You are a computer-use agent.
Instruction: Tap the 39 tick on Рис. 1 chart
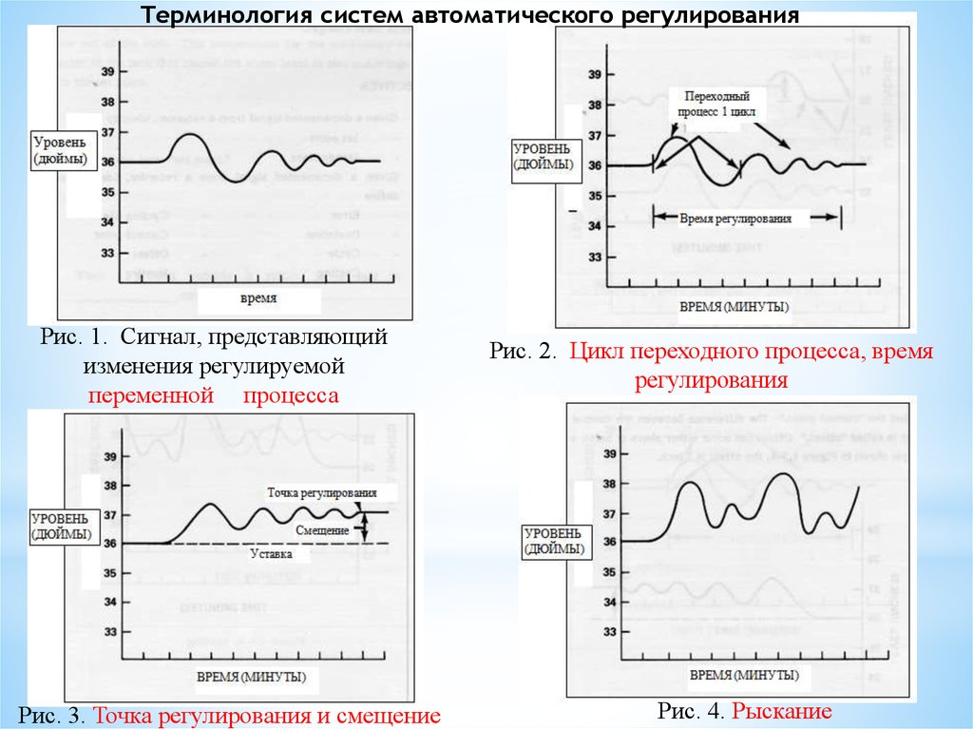[x=107, y=72]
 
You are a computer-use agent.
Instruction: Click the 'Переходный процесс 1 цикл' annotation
[x=715, y=103]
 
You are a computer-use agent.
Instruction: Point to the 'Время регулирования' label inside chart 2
[x=736, y=218]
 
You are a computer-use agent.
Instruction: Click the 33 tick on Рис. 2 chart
[x=595, y=257]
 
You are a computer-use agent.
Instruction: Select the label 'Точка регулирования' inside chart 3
[x=322, y=492]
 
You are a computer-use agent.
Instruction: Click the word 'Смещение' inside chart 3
[x=321, y=528]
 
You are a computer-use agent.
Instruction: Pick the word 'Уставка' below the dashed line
[x=271, y=553]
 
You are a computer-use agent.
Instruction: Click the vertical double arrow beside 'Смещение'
[x=362, y=527]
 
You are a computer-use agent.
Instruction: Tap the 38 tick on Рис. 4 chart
[x=609, y=484]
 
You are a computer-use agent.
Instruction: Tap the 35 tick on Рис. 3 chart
[x=109, y=573]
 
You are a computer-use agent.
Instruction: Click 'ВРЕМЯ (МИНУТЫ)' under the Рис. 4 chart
[x=743, y=676]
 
